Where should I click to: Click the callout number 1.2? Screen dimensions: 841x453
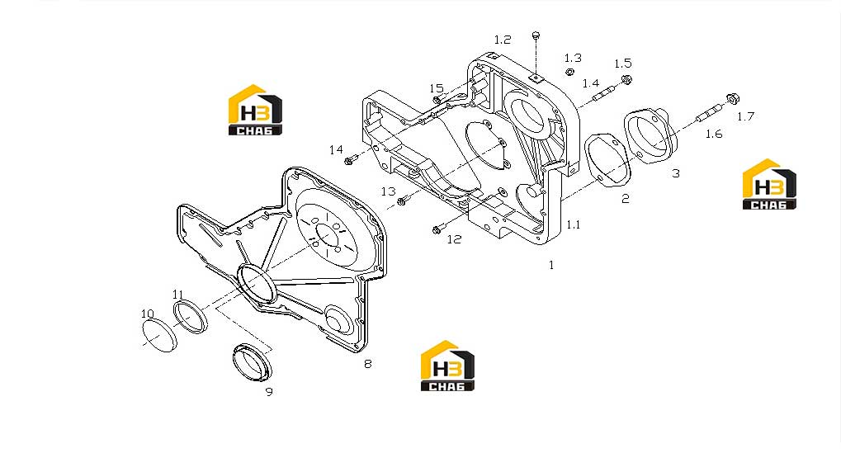point(503,40)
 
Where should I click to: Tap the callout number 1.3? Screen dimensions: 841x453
point(573,58)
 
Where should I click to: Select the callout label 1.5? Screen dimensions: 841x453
point(623,64)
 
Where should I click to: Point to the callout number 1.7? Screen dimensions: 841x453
point(745,116)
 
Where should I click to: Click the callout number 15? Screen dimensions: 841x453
point(437,88)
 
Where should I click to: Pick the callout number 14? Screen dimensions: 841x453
point(336,149)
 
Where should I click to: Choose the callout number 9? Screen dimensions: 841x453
point(269,392)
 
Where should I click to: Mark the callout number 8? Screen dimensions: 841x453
point(367,364)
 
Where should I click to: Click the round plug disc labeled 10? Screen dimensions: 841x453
point(159,335)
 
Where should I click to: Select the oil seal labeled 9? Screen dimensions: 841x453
point(252,362)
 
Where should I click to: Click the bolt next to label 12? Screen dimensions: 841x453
point(437,229)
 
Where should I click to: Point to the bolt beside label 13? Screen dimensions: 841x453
point(402,201)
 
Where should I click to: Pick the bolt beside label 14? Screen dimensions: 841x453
point(350,159)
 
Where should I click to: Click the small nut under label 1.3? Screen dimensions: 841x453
point(570,72)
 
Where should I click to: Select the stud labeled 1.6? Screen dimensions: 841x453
point(710,113)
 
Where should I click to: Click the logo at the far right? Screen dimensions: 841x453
point(769,184)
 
